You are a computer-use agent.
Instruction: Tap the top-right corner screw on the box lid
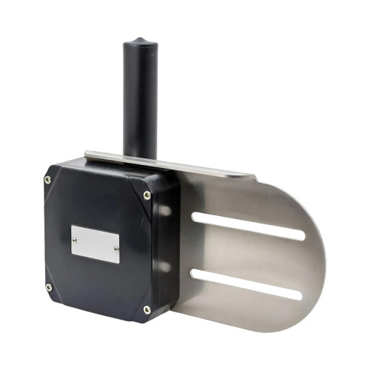[147, 195]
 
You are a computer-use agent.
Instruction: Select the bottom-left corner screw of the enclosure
[49, 287]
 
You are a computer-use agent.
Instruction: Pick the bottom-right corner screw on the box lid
[147, 309]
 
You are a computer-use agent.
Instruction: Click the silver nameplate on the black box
[95, 244]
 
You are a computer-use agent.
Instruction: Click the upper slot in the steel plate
[248, 226]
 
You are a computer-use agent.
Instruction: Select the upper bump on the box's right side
[164, 211]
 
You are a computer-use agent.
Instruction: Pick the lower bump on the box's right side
[164, 266]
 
